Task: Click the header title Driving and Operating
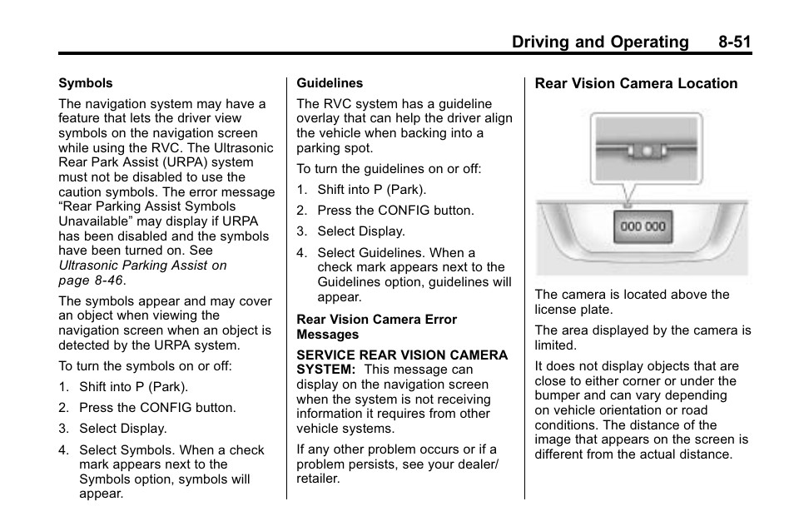[x=601, y=42]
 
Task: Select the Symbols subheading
[x=85, y=83]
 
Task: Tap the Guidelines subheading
[x=330, y=83]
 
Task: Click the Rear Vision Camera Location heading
[x=636, y=83]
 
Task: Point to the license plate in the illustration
[x=643, y=226]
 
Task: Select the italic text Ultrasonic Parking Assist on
[x=142, y=265]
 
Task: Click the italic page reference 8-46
[x=109, y=280]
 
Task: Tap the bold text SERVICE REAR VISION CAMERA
[x=402, y=355]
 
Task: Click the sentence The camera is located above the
[x=632, y=295]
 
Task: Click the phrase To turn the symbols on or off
[x=145, y=366]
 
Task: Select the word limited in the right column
[x=555, y=345]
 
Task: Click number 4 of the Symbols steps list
[x=63, y=450]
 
